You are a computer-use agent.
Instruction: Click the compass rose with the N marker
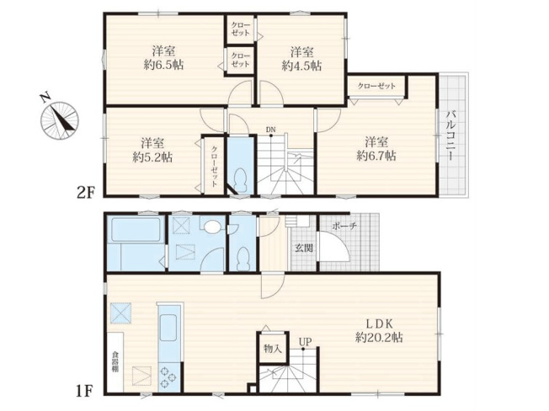59,118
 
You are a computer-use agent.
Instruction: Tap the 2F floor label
83,193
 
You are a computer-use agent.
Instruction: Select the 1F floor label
83,392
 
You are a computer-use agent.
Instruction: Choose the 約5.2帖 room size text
152,157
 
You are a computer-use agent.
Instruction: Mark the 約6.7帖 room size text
376,156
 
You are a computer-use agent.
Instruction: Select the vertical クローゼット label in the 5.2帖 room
215,165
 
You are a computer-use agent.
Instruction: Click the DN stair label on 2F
270,129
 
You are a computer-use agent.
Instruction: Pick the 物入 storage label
271,348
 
